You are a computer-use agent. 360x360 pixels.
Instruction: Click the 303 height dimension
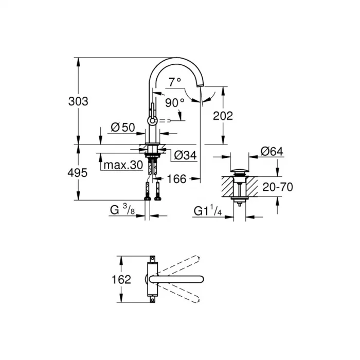point(78,101)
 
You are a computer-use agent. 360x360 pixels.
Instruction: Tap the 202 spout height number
point(223,116)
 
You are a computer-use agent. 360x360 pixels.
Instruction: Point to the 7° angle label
point(175,81)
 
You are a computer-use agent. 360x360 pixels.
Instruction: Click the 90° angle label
point(175,102)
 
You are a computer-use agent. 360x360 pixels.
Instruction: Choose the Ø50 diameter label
point(122,127)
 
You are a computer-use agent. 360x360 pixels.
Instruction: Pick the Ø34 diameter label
point(185,155)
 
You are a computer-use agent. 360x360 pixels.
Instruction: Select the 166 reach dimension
point(177,179)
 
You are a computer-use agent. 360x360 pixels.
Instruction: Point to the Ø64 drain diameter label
point(272,151)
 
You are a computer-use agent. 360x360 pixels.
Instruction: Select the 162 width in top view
point(121,280)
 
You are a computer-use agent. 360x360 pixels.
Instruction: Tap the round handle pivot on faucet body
point(152,121)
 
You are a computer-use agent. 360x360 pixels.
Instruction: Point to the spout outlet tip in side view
point(201,87)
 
